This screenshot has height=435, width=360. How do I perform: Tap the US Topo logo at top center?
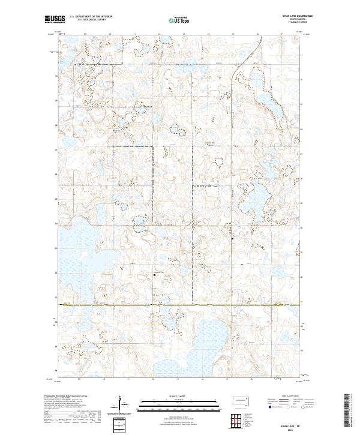[180, 20]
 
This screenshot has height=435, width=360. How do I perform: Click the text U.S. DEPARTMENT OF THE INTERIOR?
[91, 17]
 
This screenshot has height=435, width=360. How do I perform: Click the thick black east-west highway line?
[180, 305]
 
